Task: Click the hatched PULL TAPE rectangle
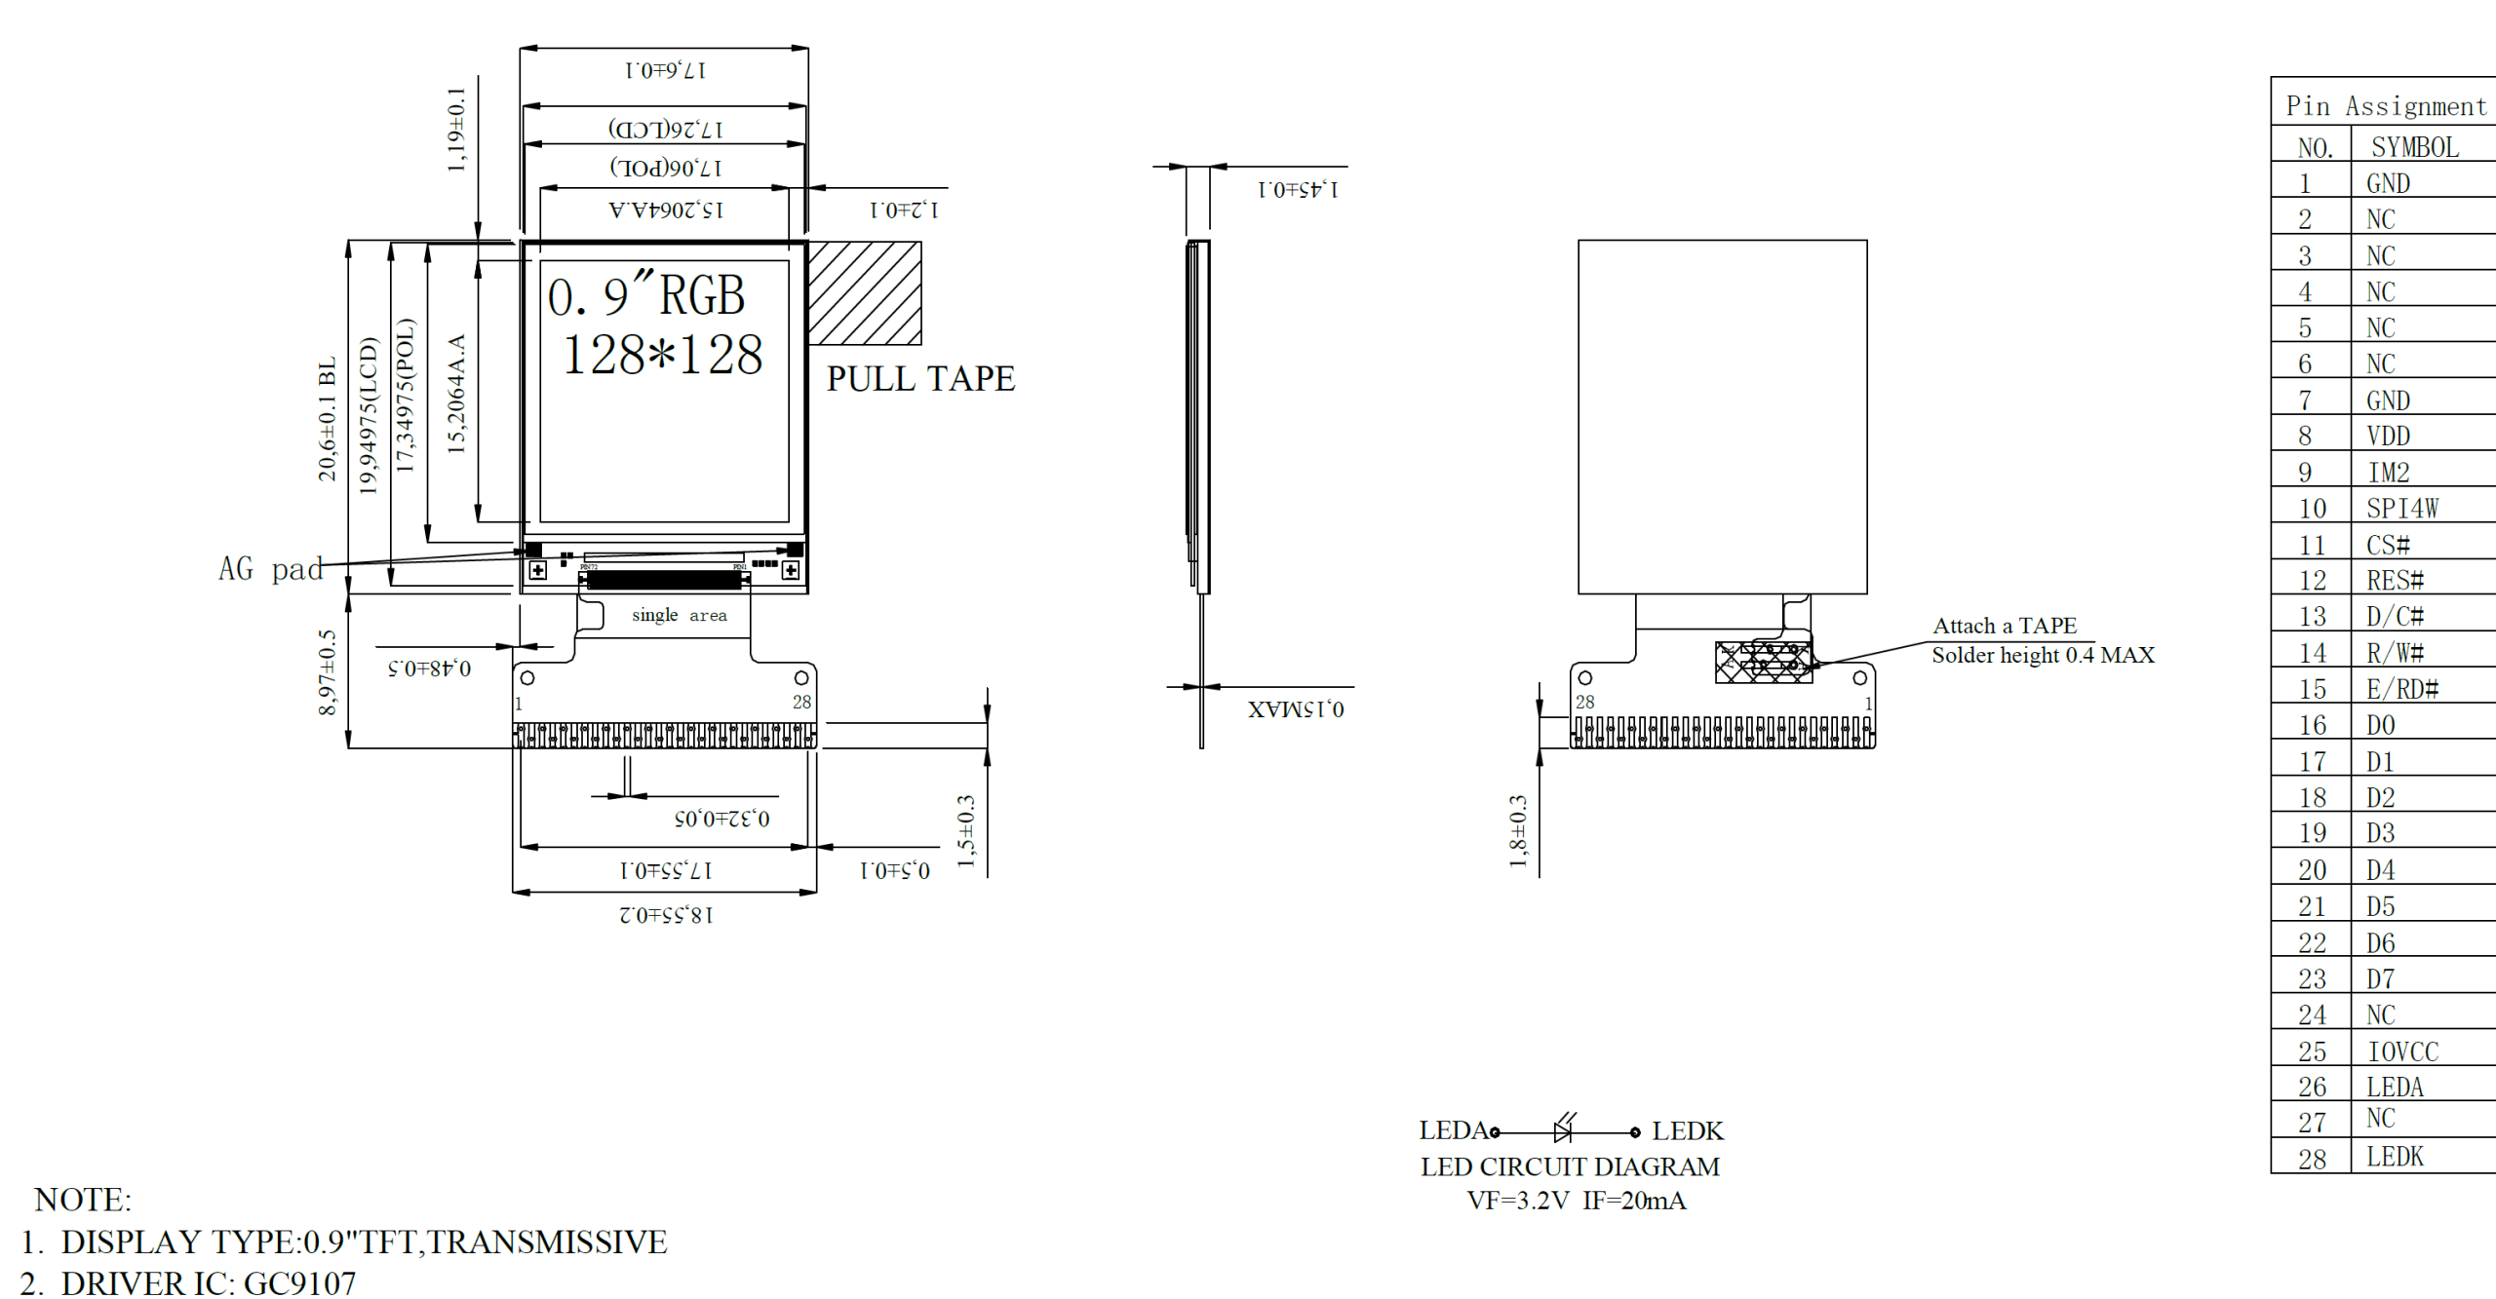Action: pos(864,292)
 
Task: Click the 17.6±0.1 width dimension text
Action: pos(665,70)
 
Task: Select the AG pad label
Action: pos(270,569)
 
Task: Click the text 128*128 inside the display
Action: pos(663,354)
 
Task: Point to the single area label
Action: pos(679,615)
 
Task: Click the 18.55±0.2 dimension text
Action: pos(665,914)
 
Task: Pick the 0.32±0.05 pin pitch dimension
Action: pos(721,818)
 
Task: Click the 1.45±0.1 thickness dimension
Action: pos(1298,189)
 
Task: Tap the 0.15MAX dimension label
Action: pos(1295,708)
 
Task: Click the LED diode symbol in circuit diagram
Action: pos(1563,1130)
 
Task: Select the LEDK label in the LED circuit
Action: pos(1687,1130)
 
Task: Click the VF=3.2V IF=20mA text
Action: pos(1576,1201)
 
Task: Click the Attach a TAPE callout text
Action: pos(2004,626)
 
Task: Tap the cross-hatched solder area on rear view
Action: pos(1763,663)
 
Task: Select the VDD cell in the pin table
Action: pos(2387,436)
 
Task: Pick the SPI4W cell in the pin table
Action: pos(2401,508)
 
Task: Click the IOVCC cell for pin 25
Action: pos(2402,1051)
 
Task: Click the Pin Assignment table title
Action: pos(2385,105)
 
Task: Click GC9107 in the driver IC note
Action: pos(299,1282)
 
